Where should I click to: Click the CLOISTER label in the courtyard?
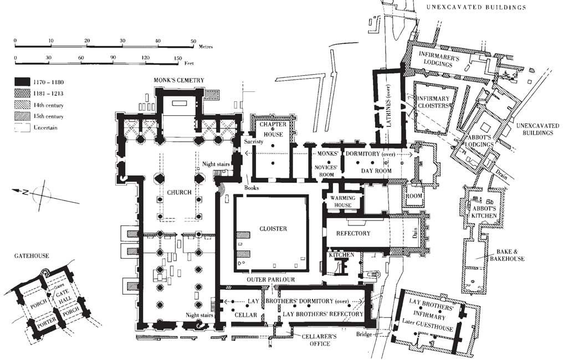coord(273,229)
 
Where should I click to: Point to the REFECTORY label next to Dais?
coord(353,233)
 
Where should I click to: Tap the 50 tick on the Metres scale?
coord(193,42)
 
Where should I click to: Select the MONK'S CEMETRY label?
coord(179,80)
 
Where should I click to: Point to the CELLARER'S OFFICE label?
coord(311,340)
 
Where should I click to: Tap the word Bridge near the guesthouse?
coord(365,335)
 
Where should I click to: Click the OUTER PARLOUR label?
coord(271,280)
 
